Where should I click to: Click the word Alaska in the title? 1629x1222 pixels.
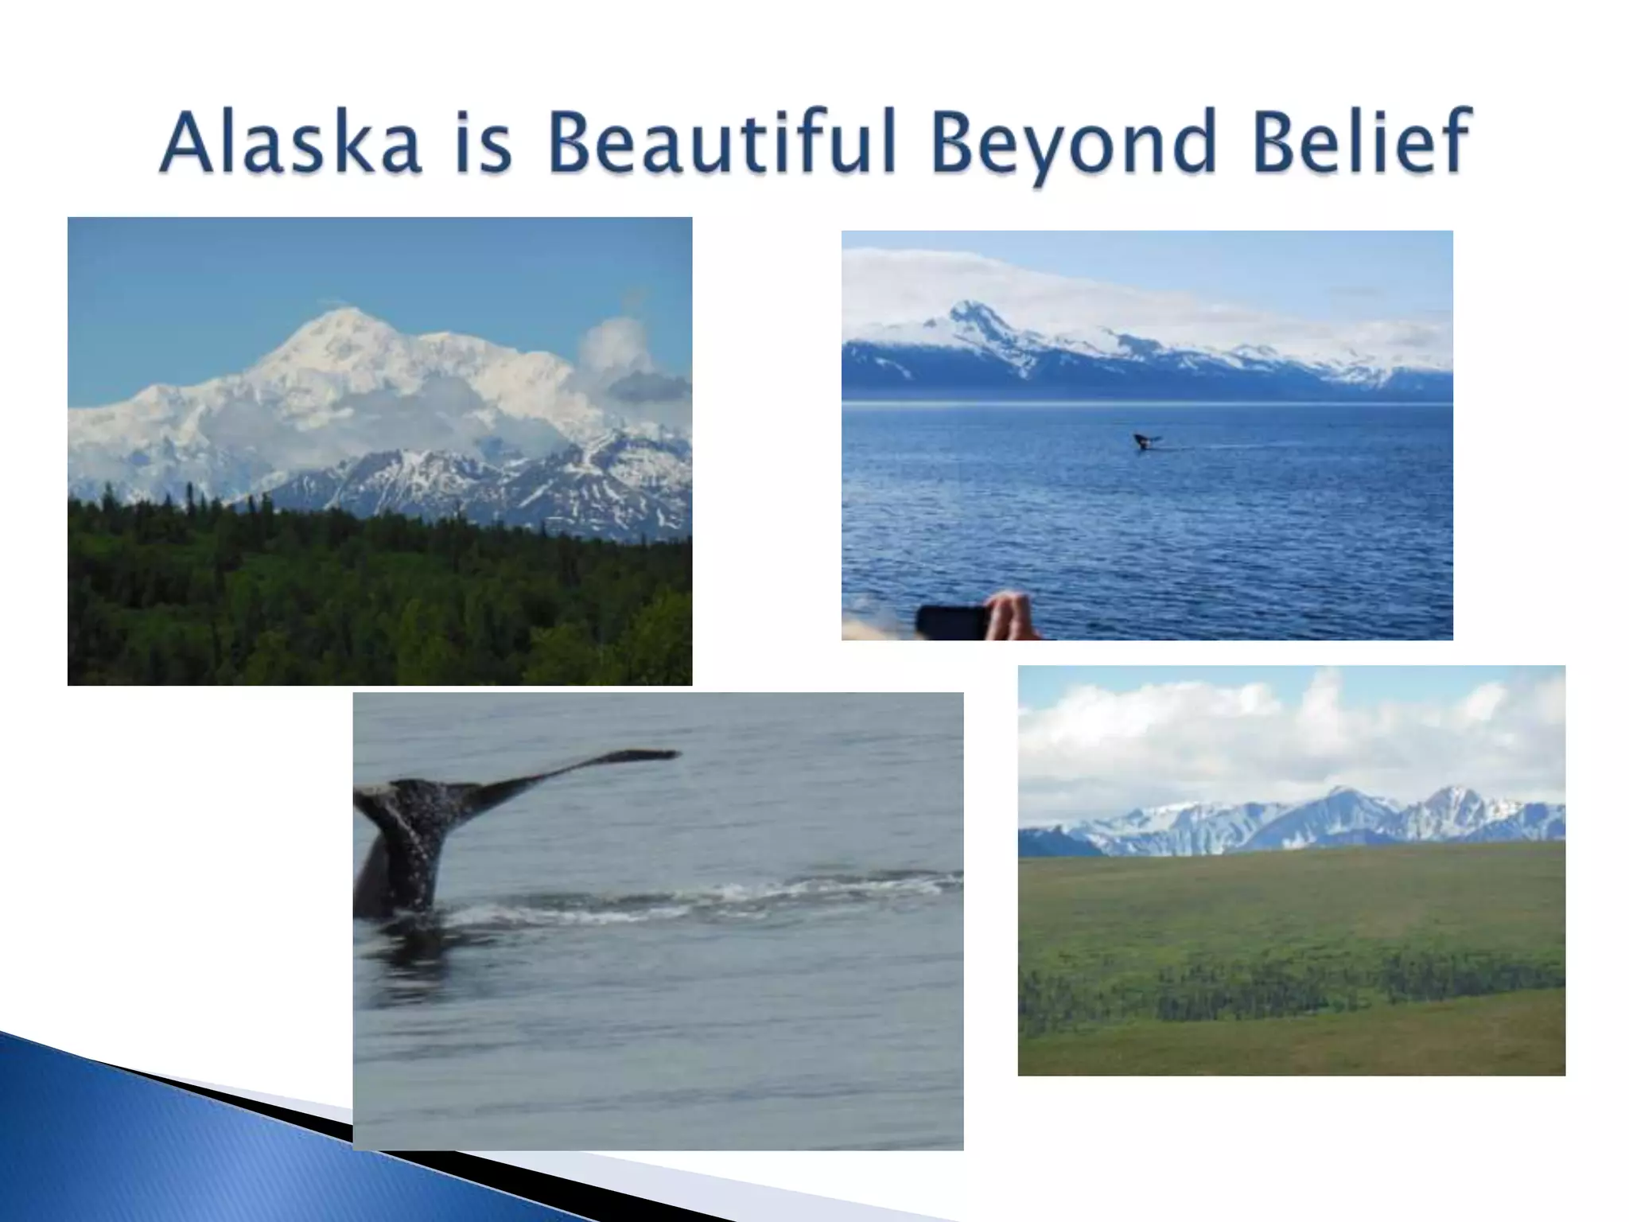[x=290, y=143]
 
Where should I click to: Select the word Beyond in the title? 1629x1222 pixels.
[x=1074, y=143]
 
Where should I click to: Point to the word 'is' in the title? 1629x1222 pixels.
[x=483, y=143]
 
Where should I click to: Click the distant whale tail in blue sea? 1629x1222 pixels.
[x=1145, y=440]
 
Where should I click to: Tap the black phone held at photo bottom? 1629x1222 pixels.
[x=951, y=621]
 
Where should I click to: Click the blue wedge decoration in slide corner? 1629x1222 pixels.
[x=159, y=1146]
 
